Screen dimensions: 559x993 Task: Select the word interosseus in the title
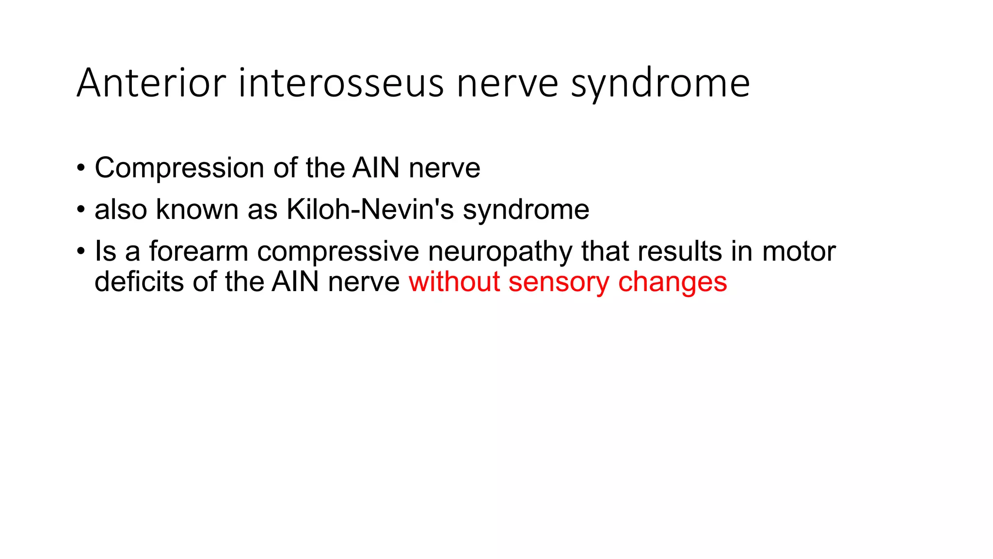click(341, 83)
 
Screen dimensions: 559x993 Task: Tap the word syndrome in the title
click(660, 83)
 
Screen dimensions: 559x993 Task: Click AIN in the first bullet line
click(376, 168)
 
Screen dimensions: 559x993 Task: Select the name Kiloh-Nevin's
click(370, 210)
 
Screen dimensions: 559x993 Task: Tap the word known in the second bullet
click(197, 210)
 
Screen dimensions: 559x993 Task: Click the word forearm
click(198, 251)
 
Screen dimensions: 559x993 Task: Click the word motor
click(799, 251)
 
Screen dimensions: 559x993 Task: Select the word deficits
click(139, 281)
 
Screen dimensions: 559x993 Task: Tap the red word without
click(454, 281)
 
